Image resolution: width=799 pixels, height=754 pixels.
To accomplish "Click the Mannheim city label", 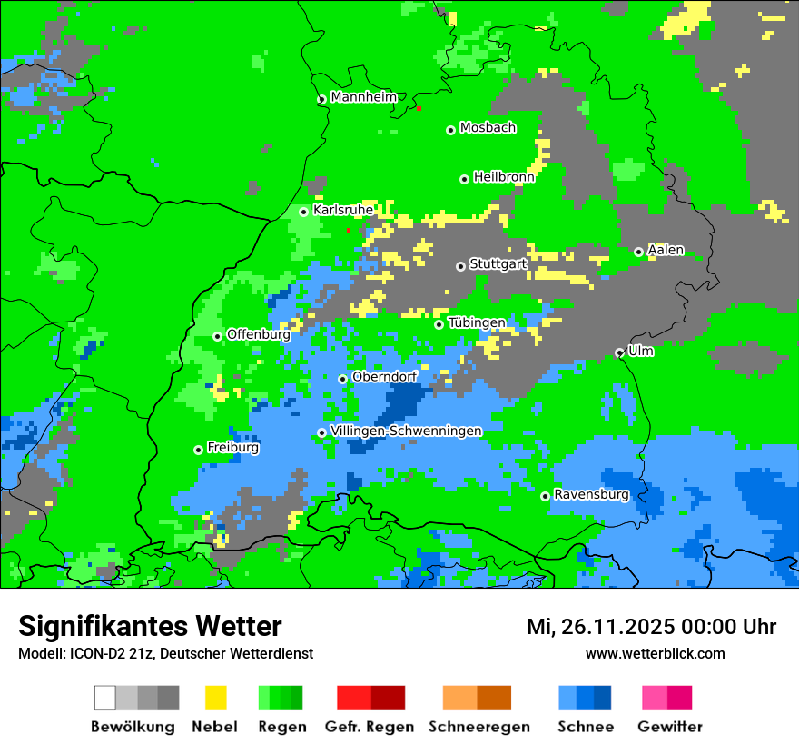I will (363, 97).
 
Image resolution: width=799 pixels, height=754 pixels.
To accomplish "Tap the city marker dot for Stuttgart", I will (460, 266).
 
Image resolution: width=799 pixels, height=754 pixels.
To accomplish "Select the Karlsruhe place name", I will (343, 210).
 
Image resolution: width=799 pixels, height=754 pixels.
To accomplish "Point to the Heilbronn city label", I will (504, 177).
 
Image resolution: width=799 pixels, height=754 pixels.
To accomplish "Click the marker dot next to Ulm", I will (619, 352).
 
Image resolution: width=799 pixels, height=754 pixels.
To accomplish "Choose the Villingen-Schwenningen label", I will (406, 431).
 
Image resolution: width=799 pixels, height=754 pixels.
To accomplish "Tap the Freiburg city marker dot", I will (198, 450).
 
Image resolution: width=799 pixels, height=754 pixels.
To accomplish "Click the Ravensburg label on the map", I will (591, 495).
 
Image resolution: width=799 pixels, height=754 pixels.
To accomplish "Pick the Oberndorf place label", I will (384, 377).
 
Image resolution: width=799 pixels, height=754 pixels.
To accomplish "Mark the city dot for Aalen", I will (638, 252).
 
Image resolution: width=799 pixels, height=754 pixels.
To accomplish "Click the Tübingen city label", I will (477, 323).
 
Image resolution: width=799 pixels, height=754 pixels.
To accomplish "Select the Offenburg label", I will (258, 334).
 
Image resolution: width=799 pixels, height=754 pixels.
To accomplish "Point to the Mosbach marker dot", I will (450, 130).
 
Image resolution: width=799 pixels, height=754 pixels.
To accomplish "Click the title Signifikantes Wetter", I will (150, 626).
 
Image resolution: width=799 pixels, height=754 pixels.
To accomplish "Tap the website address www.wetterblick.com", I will (655, 653).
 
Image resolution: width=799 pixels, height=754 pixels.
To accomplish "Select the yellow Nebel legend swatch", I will (215, 698).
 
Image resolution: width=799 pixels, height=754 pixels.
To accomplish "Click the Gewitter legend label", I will (670, 727).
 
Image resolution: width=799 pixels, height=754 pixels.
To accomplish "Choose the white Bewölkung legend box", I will (105, 698).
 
